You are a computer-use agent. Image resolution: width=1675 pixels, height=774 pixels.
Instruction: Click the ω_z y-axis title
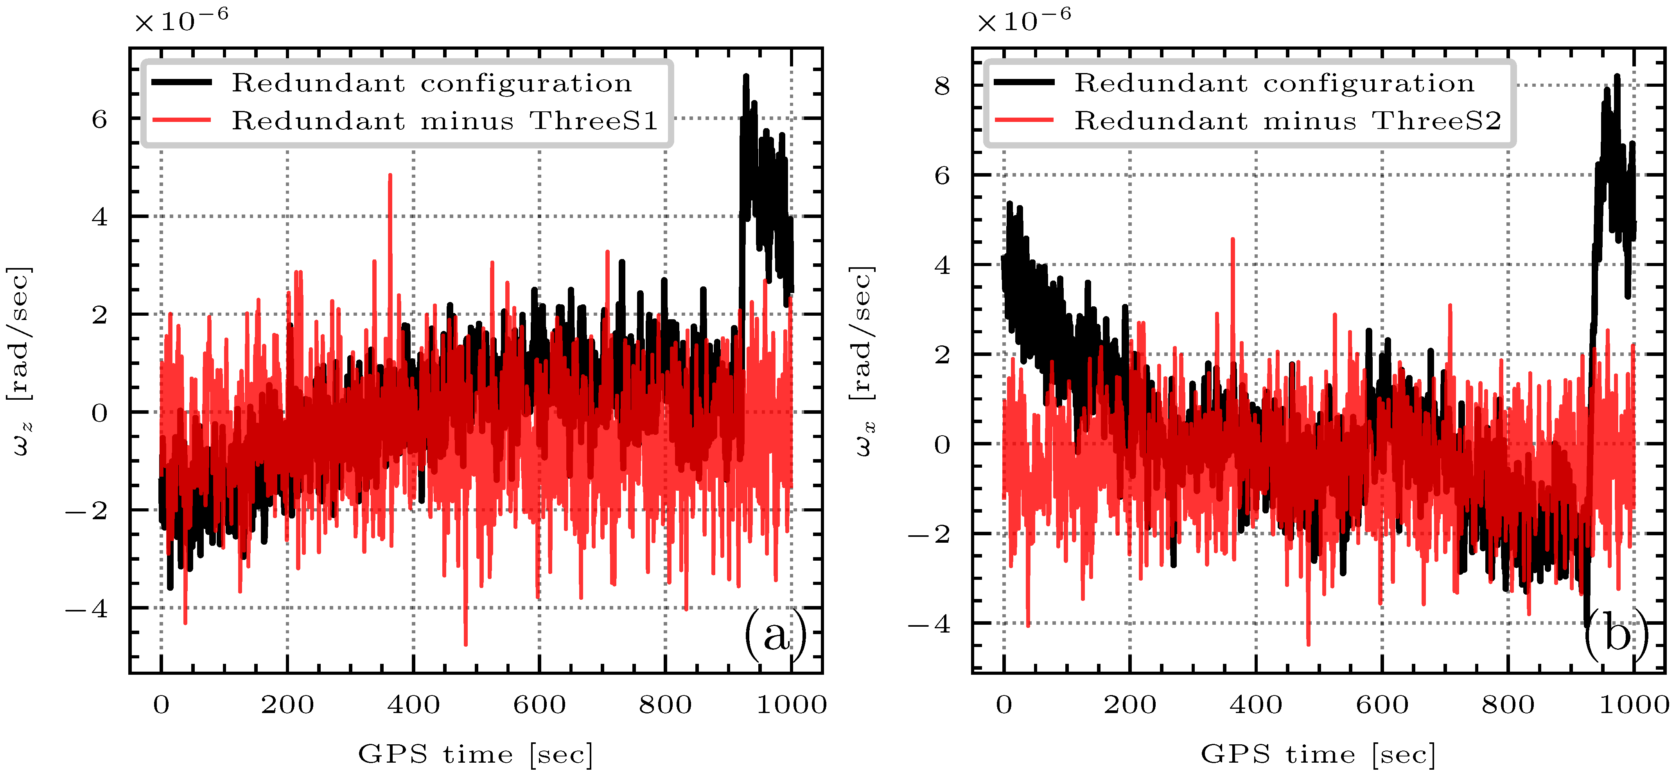coord(20,361)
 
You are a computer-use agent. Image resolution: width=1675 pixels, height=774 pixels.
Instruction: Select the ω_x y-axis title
coord(862,361)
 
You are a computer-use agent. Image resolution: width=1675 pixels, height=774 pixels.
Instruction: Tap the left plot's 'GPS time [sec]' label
coord(475,754)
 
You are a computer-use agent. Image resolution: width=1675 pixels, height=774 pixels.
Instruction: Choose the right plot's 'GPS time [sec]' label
coord(1318,754)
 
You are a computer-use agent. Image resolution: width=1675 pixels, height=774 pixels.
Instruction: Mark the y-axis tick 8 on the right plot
coord(942,85)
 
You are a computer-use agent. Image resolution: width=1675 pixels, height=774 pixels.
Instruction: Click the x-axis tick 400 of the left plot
coord(413,704)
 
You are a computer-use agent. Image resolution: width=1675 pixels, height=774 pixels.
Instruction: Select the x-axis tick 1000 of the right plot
coord(1634,704)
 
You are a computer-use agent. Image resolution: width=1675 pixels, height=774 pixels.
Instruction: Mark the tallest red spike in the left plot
coord(390,175)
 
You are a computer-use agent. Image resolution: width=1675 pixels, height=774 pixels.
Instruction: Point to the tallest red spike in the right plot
coord(1233,240)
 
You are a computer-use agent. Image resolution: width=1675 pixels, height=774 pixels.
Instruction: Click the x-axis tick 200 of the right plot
coord(1130,704)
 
